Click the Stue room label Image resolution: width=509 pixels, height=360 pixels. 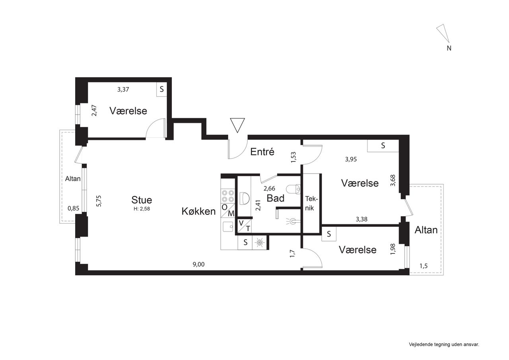point(142,200)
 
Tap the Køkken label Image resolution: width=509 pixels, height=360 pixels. point(198,211)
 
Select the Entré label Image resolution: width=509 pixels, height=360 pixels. point(262,152)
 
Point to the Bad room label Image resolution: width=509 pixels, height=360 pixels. point(276,198)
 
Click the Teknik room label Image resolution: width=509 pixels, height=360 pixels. point(311,203)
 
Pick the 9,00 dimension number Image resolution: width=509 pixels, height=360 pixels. point(198,264)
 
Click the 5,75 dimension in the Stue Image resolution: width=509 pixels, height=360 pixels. point(99,201)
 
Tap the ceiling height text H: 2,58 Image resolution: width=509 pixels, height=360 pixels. point(142,208)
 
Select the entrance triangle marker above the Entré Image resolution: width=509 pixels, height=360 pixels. point(237,125)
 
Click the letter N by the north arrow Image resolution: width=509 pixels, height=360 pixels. point(449,48)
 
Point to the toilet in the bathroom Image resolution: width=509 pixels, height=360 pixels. point(293,189)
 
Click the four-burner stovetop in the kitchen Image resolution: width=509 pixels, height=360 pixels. point(228,196)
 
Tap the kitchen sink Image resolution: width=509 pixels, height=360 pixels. point(228,226)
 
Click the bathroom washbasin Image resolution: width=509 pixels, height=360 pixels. point(245,198)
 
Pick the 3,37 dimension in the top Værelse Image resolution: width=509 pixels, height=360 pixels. point(123,90)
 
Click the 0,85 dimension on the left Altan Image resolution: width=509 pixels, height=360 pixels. point(74,208)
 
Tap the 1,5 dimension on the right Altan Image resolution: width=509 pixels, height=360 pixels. point(424,266)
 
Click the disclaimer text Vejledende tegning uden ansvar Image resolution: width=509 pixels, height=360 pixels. point(444,344)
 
